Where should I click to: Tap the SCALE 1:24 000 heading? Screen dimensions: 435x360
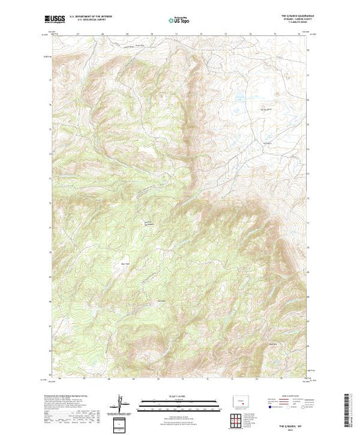pyautogui.click(x=178, y=396)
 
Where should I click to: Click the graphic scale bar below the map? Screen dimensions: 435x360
pyautogui.click(x=178, y=401)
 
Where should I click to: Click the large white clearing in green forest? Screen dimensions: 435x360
pyautogui.click(x=148, y=148)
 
